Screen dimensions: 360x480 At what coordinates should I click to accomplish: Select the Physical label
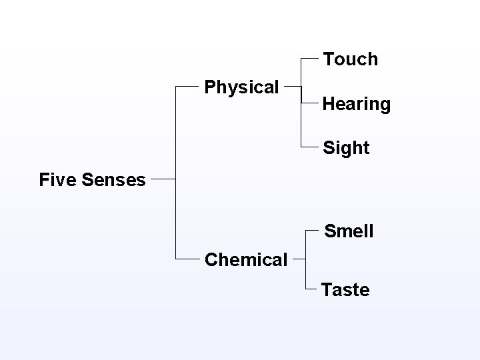click(241, 87)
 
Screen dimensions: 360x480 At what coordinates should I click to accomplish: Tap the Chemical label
click(246, 259)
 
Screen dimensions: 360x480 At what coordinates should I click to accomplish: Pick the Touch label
click(351, 59)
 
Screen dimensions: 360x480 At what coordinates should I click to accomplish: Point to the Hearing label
click(356, 104)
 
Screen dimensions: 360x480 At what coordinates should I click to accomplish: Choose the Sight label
click(346, 148)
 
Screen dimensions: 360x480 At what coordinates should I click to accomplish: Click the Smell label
click(349, 231)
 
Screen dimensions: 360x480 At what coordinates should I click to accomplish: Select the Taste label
click(345, 290)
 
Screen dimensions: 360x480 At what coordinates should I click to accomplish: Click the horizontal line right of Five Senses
click(163, 179)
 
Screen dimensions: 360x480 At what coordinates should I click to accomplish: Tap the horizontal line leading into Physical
click(188, 87)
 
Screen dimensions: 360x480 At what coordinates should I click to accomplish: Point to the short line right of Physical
click(293, 87)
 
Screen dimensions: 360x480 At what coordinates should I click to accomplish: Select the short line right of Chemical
click(299, 259)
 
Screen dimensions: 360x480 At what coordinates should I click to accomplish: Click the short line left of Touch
click(311, 59)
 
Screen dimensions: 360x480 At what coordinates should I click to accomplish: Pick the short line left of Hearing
click(311, 103)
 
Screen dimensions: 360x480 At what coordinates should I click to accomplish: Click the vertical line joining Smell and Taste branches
click(306, 260)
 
